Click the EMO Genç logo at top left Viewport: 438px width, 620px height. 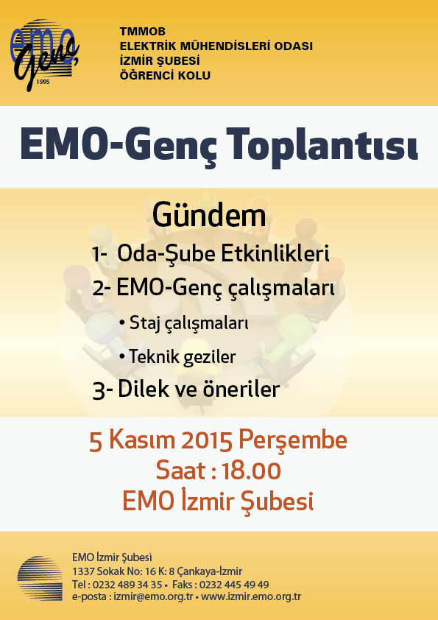click(44, 55)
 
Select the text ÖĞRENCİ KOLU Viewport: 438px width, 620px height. click(165, 75)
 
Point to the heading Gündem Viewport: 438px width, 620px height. click(209, 216)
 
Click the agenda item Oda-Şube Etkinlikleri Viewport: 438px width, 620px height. click(223, 253)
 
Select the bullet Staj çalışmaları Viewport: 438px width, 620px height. click(184, 323)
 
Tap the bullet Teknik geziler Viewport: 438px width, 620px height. click(177, 356)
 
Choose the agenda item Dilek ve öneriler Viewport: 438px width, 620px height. click(199, 390)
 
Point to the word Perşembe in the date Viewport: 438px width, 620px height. click(292, 440)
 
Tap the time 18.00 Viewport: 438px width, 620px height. click(251, 471)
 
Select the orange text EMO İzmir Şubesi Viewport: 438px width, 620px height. click(218, 501)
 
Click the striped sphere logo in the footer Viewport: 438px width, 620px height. click(40, 578)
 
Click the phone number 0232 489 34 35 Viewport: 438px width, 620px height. click(127, 585)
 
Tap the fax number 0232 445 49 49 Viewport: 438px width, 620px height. click(234, 585)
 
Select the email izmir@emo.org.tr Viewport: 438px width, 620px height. click(153, 596)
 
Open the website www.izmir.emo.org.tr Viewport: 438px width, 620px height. click(251, 596)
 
